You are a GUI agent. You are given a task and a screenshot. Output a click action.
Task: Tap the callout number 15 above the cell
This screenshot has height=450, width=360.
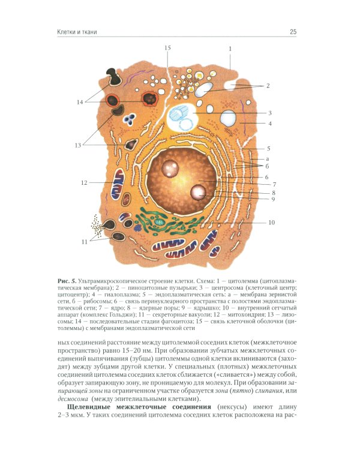point(167,47)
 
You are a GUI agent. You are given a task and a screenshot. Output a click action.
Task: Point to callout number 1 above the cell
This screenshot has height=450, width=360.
point(230,47)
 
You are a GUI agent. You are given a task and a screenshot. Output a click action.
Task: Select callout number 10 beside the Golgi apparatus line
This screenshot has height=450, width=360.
point(271,223)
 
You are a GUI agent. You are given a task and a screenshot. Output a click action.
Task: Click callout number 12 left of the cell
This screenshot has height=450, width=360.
point(85,182)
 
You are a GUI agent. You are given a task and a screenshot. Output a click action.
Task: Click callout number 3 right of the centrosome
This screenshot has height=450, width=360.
point(270,112)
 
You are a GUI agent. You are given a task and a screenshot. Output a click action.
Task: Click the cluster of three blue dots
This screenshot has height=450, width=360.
point(137,228)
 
